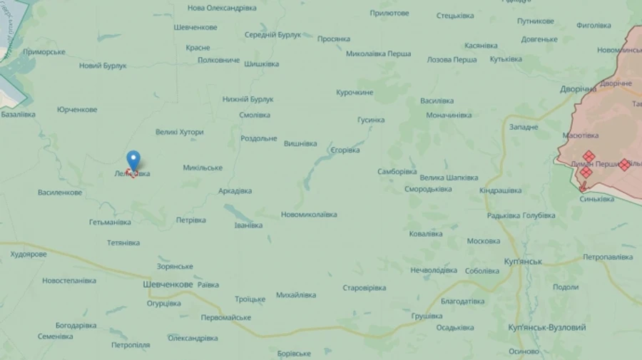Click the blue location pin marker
click(x=133, y=160)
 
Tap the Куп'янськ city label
click(x=523, y=262)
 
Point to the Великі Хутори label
click(x=180, y=132)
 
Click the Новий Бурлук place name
click(x=103, y=66)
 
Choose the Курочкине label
click(x=355, y=93)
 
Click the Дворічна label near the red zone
click(x=578, y=89)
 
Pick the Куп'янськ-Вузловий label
click(x=547, y=327)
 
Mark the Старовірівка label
click(x=364, y=288)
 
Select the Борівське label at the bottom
click(x=293, y=354)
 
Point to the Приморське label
click(x=44, y=52)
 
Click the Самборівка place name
click(x=397, y=172)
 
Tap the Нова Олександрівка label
click(x=222, y=8)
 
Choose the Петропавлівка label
click(x=608, y=257)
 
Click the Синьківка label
click(x=596, y=199)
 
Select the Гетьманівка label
click(x=110, y=222)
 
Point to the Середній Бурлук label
click(x=272, y=34)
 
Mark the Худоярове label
click(x=29, y=254)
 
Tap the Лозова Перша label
click(x=452, y=60)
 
